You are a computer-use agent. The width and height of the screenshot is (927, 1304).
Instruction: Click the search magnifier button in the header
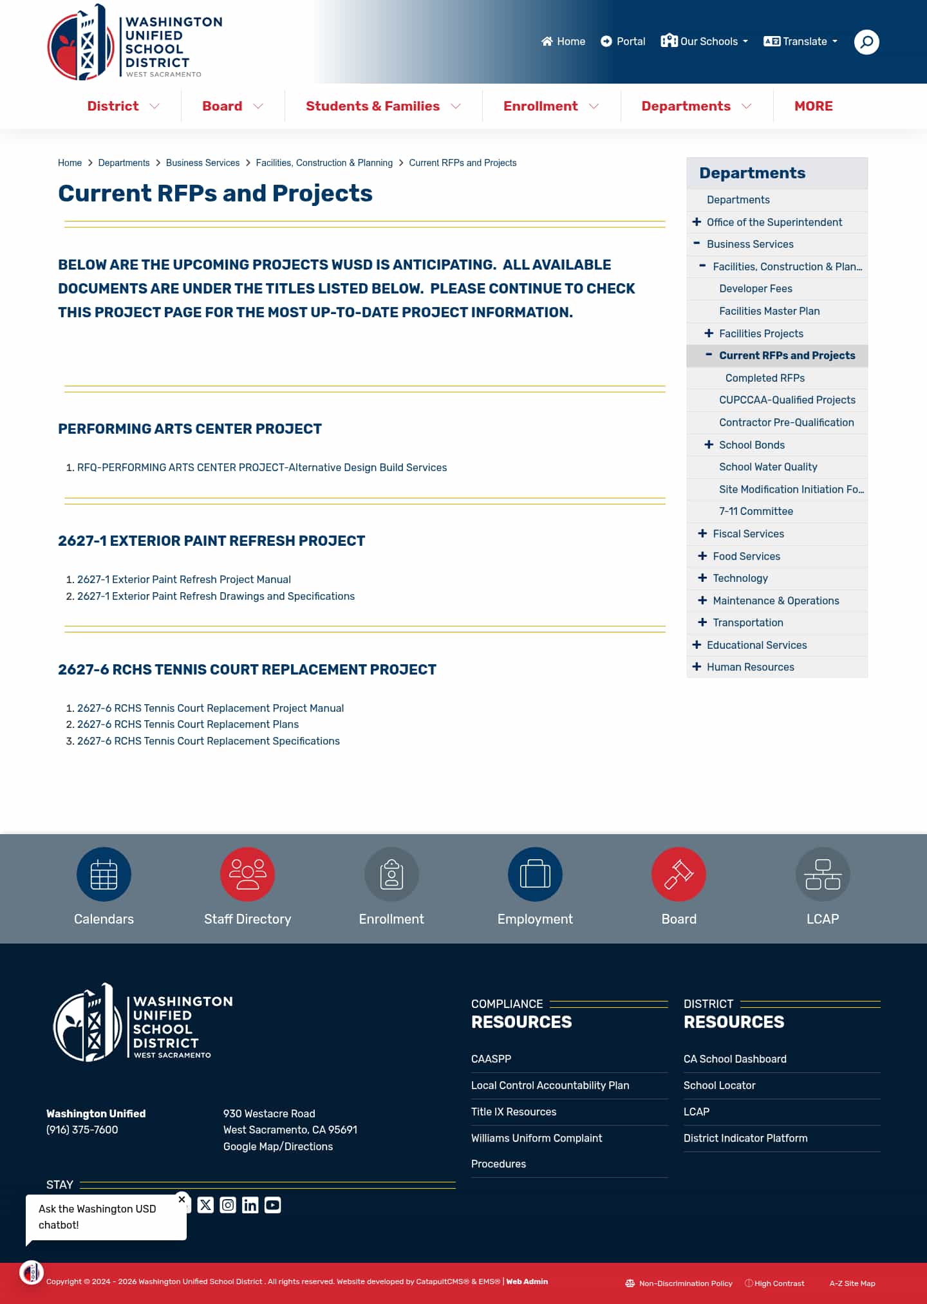[866, 42]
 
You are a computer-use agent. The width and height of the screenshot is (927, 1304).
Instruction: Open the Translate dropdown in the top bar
[800, 42]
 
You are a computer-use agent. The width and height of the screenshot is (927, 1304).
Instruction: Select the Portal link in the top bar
[623, 42]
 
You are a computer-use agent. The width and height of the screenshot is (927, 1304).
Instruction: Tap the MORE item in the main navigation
[813, 106]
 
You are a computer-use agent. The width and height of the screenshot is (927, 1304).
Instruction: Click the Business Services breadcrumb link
[202, 163]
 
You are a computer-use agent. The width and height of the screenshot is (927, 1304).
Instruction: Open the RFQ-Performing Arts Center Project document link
[261, 467]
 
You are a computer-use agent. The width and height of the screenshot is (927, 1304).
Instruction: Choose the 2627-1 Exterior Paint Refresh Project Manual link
[183, 579]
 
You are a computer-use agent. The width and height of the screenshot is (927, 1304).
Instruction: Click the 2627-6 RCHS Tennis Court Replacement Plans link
[187, 724]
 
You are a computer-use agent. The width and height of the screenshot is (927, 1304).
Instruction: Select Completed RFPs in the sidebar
[765, 378]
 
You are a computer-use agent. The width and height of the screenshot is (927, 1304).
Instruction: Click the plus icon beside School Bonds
[709, 445]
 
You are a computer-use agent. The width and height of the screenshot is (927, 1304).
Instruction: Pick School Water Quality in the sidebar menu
[768, 467]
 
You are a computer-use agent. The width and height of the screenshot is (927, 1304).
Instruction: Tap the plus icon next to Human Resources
[697, 667]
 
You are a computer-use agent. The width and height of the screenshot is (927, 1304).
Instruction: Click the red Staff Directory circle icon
[247, 874]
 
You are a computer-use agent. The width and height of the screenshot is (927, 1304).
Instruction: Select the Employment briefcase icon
[535, 874]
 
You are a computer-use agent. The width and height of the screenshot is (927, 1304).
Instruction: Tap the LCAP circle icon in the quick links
[822, 874]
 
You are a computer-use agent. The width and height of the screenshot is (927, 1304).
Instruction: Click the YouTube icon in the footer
[272, 1205]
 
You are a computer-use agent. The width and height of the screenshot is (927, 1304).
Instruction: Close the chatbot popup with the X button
[182, 1199]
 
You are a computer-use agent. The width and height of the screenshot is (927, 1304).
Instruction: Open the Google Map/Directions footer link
[278, 1146]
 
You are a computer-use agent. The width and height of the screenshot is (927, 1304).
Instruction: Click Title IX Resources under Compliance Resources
[514, 1112]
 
